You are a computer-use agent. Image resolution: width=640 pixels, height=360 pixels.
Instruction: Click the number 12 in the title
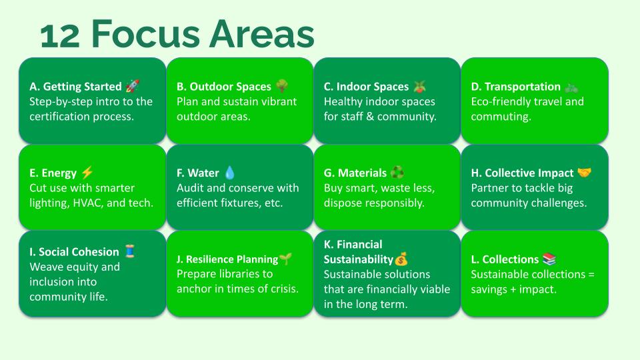[60, 36]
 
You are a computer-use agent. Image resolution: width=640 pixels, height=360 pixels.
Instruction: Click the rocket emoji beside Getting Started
[133, 86]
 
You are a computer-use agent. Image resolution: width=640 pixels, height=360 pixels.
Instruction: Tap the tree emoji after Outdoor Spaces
[282, 86]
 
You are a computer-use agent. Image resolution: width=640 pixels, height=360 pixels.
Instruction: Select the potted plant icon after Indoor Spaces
[419, 86]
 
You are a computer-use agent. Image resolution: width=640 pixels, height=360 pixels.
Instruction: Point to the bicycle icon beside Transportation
[571, 87]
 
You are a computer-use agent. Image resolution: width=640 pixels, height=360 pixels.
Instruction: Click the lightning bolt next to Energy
[87, 172]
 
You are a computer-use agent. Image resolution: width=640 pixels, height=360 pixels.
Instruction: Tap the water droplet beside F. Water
[230, 173]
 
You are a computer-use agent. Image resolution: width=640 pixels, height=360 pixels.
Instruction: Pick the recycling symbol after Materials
[397, 173]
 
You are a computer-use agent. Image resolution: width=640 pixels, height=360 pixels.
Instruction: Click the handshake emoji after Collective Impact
[585, 173]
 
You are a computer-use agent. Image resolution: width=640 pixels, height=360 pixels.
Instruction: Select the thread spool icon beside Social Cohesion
[130, 251]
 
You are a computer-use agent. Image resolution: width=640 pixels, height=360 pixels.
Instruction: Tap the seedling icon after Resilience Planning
[286, 259]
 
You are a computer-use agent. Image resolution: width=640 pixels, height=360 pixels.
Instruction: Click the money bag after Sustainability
[401, 259]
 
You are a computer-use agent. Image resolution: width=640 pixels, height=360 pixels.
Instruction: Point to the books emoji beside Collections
[549, 259]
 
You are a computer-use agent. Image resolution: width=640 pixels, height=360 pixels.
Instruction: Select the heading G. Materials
[355, 173]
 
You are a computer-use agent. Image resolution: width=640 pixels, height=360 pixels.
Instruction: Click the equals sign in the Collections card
[591, 275]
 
